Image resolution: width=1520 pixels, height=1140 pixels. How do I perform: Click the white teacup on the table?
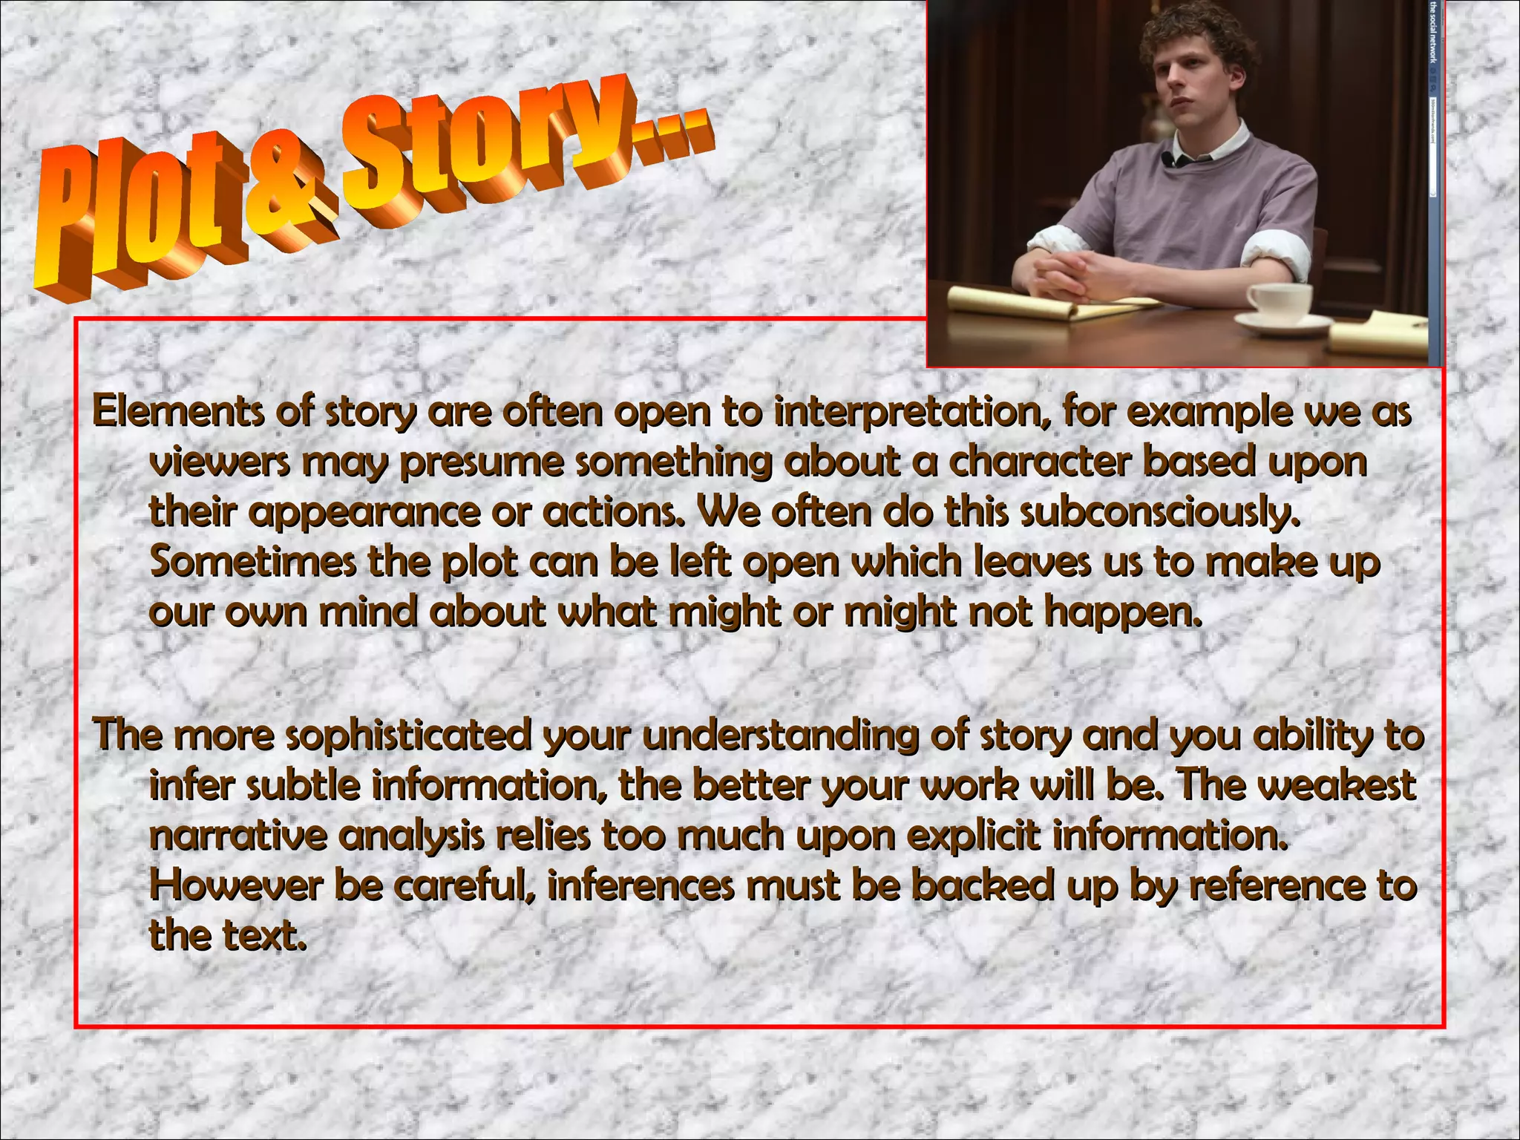point(1278,301)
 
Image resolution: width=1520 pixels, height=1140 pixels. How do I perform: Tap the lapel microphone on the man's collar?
point(1167,159)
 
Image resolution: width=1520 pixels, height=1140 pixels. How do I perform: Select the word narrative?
point(237,836)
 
